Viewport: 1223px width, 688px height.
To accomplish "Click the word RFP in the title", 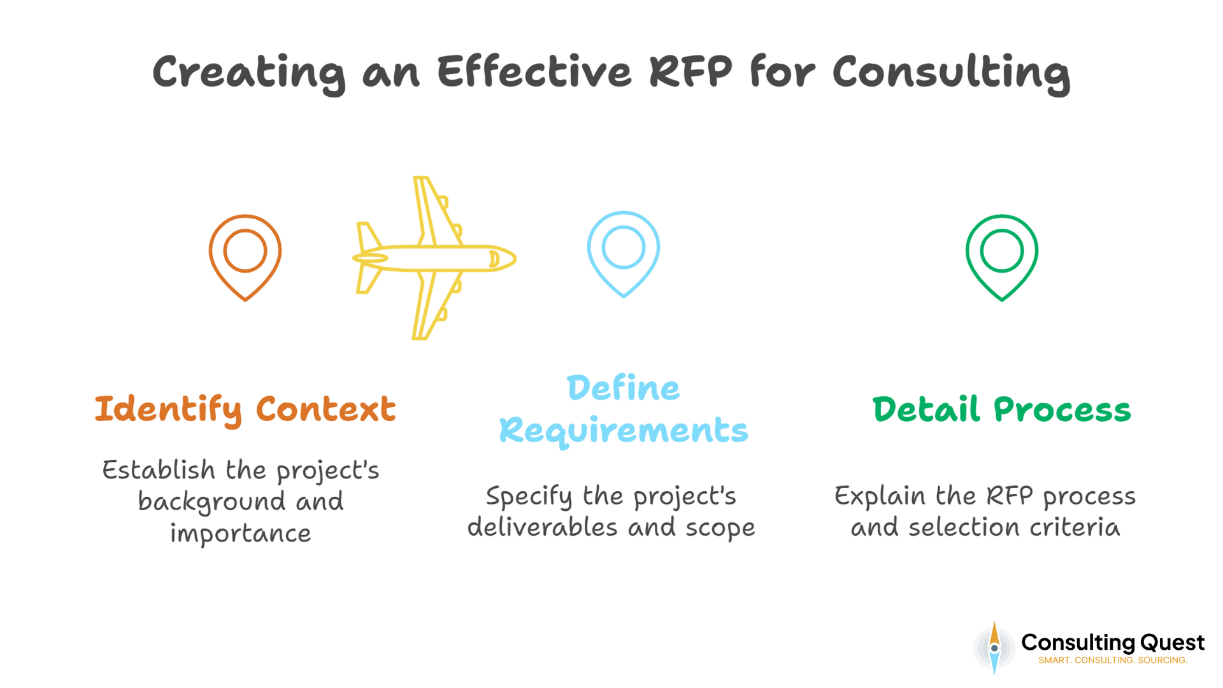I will [690, 71].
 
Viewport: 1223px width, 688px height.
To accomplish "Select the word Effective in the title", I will [534, 71].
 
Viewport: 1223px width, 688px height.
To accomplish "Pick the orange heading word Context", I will [325, 409].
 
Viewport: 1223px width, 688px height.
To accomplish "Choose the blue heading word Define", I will [623, 388].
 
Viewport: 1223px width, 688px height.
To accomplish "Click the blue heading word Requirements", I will [623, 431].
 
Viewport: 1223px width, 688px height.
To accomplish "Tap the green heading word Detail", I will [926, 409].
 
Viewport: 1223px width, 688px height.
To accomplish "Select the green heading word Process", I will [1062, 410].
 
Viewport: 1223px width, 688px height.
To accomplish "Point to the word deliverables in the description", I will [543, 527].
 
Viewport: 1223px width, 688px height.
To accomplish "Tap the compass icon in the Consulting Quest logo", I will [994, 649].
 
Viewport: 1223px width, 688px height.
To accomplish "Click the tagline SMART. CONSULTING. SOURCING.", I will [1113, 661].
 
